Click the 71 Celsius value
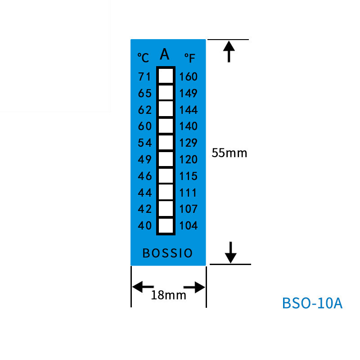tap(144, 77)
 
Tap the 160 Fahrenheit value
tap(188, 77)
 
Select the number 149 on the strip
tap(188, 94)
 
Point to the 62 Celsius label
tap(144, 110)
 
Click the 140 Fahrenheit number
tap(188, 126)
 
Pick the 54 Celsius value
tap(144, 143)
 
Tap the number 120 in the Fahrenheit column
tap(188, 159)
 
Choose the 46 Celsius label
tap(144, 176)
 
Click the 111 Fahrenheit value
tap(188, 193)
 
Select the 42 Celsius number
tap(144, 209)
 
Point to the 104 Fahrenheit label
tap(188, 225)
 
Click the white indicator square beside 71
tap(166, 76)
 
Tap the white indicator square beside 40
tap(166, 225)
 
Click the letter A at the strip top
tap(165, 54)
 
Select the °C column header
tap(143, 58)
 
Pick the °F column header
tap(190, 58)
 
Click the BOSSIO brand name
tap(167, 253)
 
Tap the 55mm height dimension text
tap(229, 153)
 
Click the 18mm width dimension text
tap(168, 295)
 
